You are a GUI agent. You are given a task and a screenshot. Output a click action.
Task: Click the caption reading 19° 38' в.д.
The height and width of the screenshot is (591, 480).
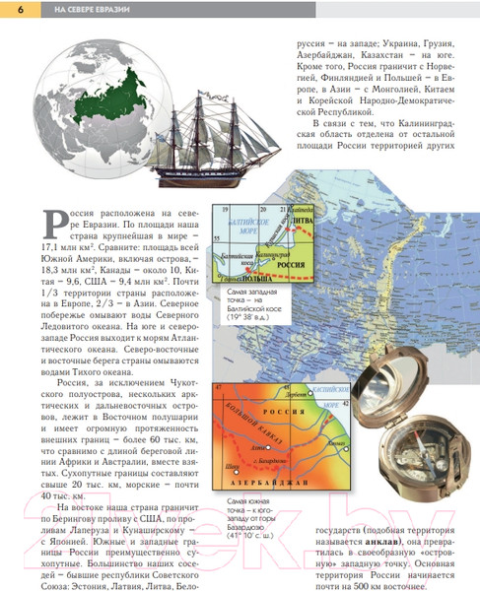point(255,318)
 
